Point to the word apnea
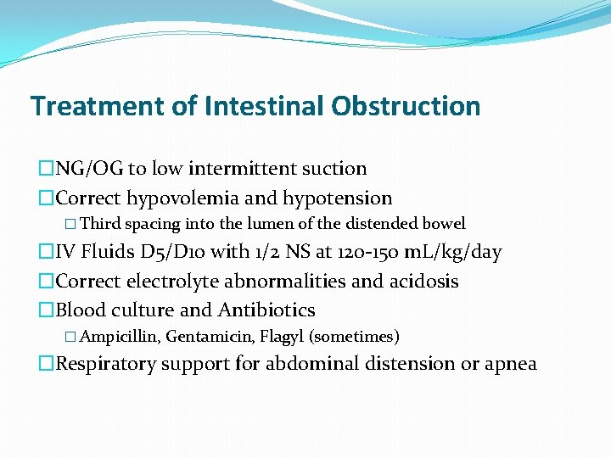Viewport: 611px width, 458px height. click(510, 364)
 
